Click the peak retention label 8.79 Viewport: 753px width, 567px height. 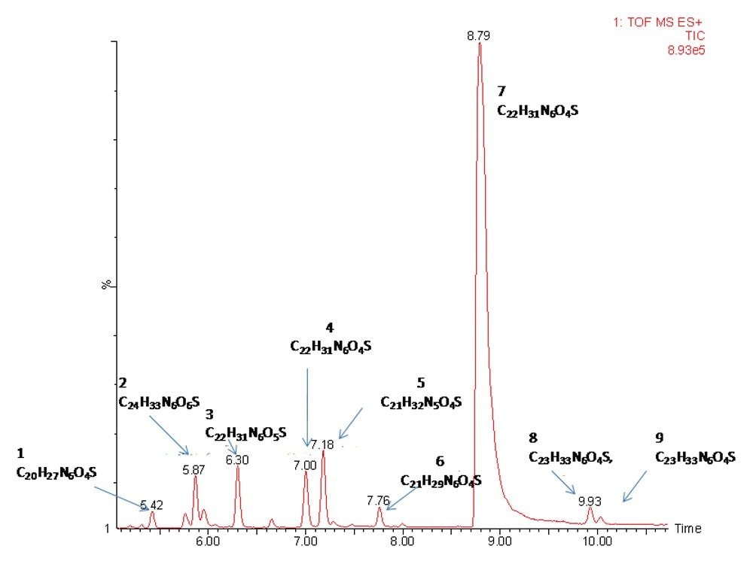coord(479,35)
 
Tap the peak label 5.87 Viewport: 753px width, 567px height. coord(194,469)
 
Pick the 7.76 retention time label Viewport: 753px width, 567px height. coord(379,500)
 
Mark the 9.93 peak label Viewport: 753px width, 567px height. coord(590,500)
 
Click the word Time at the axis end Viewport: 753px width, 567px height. coord(687,529)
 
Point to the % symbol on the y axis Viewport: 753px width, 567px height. coord(107,284)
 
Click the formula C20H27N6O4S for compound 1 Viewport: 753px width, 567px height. coord(56,473)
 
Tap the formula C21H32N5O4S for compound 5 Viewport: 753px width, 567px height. coord(421,402)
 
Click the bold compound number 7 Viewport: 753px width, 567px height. coord(501,91)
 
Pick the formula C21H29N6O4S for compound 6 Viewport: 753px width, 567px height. coord(441,480)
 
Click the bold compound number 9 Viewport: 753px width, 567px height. coord(659,437)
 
